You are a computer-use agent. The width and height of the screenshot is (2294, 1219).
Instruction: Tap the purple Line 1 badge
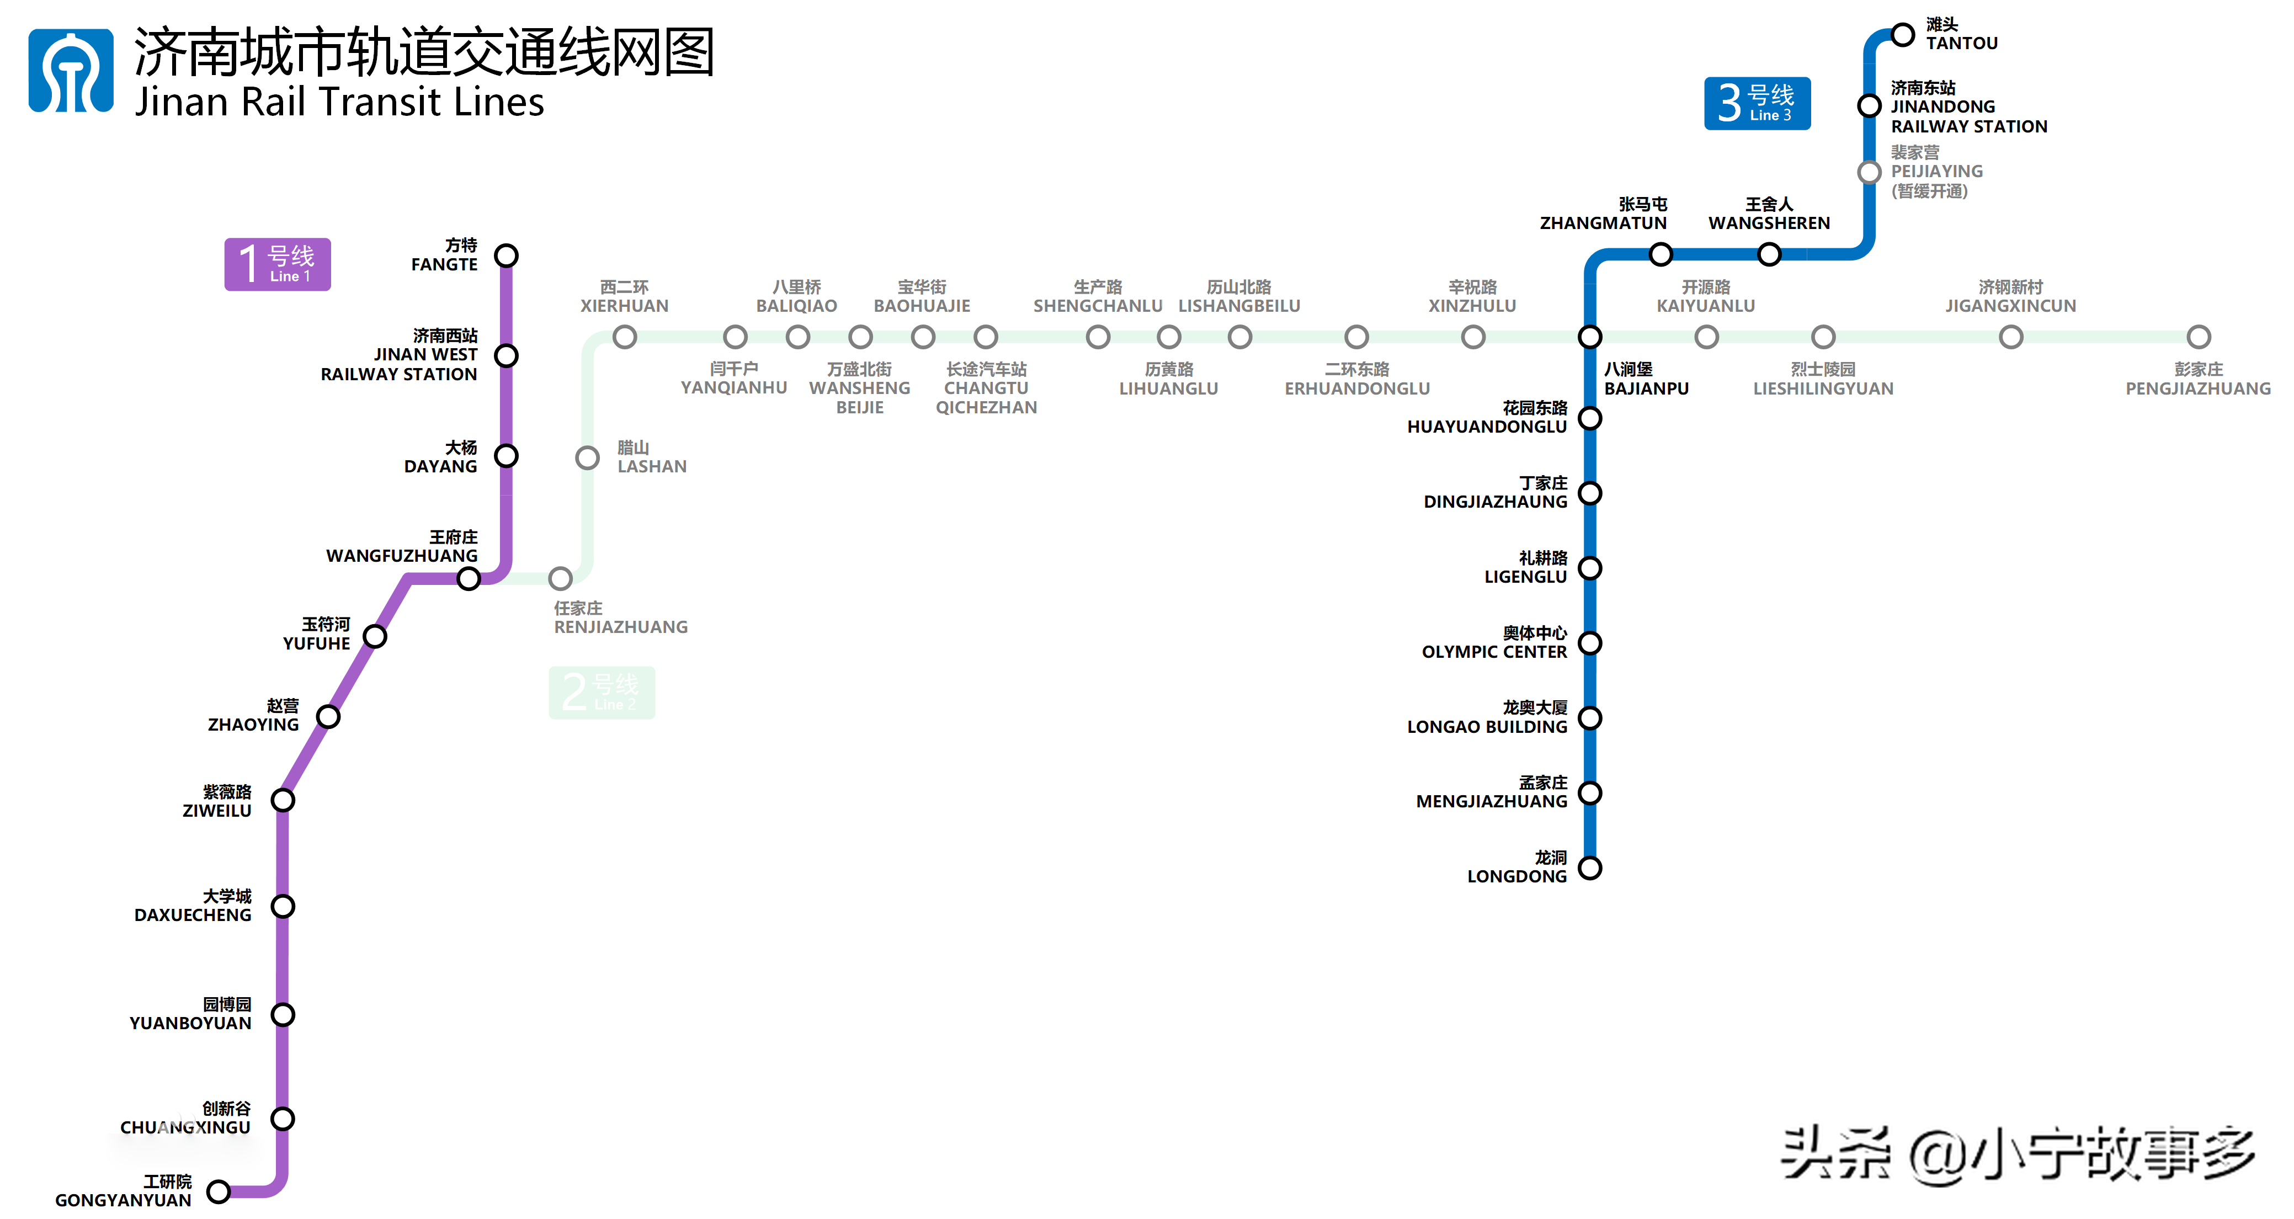[x=277, y=264]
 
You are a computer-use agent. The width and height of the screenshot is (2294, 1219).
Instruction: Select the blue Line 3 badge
[x=1756, y=103]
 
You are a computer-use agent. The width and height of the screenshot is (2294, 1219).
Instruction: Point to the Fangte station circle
[x=506, y=255]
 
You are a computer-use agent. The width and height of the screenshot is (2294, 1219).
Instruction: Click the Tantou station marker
[x=1902, y=35]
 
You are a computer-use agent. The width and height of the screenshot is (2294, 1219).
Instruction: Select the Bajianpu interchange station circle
[x=1590, y=337]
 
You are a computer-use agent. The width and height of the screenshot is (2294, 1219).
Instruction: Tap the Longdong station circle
[x=1590, y=867]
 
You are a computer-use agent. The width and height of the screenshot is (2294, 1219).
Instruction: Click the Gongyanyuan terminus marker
[x=218, y=1190]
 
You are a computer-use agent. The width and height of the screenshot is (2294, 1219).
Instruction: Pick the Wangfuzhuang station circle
[x=469, y=579]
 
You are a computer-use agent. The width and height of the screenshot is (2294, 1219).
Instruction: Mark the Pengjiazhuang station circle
[x=2198, y=337]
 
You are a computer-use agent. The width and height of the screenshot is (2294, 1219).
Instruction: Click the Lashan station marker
[x=587, y=457]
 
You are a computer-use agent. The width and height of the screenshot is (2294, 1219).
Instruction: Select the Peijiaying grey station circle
[x=1869, y=172]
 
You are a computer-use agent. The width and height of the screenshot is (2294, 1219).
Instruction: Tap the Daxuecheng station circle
[x=283, y=907]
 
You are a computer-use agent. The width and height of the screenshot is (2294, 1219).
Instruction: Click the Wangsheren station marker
[x=1769, y=254]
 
